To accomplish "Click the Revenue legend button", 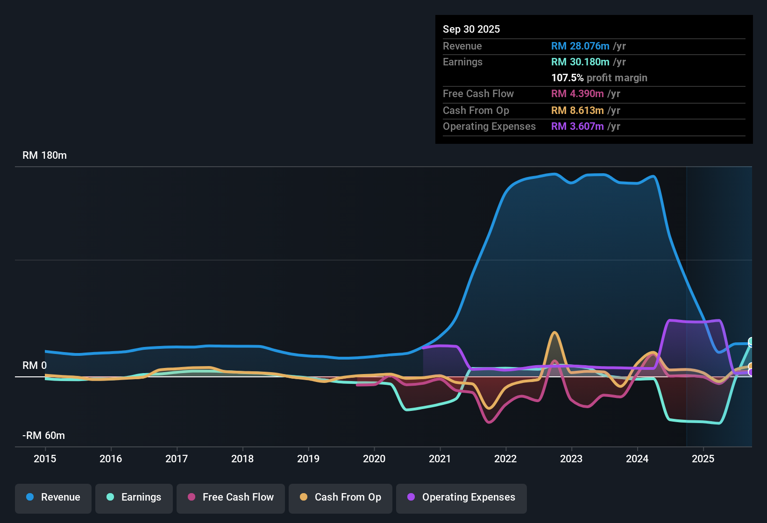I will point(53,497).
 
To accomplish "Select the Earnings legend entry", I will point(134,497).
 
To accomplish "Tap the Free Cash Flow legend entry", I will point(231,497).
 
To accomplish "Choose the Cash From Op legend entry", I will point(341,497).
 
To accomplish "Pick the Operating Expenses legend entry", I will point(462,497).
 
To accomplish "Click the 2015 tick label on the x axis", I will point(45,459).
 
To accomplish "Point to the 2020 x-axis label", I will point(374,459).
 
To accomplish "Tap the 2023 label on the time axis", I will point(571,459).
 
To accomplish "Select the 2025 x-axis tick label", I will point(703,459).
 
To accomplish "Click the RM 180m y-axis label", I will point(44,155).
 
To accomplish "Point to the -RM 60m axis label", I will point(43,436).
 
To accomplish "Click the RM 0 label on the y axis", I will point(35,366).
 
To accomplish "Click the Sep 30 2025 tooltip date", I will point(471,29).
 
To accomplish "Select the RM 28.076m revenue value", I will point(580,46).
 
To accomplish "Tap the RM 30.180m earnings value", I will point(580,62).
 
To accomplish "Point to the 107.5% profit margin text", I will point(599,78).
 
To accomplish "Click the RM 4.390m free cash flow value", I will point(577,93).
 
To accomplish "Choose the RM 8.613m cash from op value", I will point(577,110).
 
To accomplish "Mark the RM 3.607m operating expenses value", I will point(577,126).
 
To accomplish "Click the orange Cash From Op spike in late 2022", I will point(554,333).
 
